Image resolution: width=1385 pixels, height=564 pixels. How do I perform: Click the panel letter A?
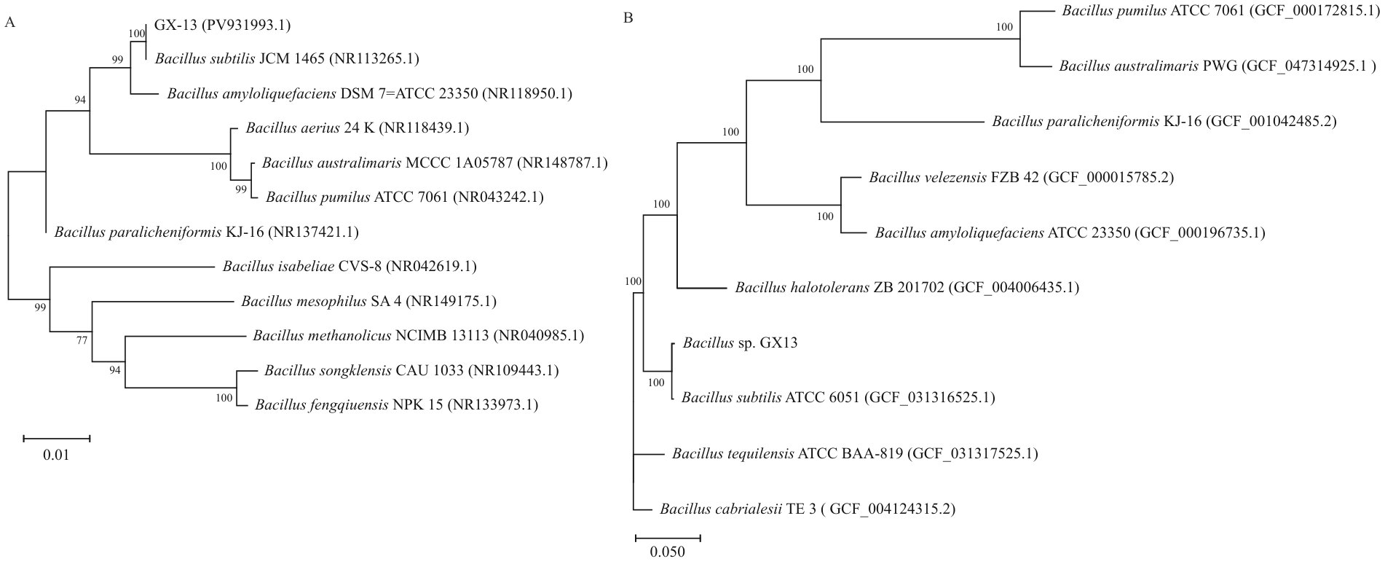[x=10, y=23]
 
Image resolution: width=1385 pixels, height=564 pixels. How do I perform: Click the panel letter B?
[x=628, y=17]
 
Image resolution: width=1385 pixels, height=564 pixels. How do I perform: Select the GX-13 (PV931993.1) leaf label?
[x=223, y=26]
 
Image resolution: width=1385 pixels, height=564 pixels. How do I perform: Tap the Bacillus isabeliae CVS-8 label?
[x=350, y=267]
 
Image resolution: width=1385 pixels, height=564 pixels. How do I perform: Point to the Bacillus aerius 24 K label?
[x=357, y=129]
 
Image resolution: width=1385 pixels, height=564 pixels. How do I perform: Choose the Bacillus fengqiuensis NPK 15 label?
[x=396, y=405]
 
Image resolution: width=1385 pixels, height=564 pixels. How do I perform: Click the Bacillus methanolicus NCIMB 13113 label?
[x=418, y=336]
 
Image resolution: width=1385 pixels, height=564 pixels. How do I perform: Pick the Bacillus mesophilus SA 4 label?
[x=368, y=301]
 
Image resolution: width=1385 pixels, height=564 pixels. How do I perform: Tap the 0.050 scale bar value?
[x=667, y=552]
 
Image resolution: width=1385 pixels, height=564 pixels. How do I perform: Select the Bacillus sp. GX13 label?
[x=740, y=342]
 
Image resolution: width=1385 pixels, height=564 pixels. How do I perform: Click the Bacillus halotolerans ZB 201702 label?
[x=907, y=288]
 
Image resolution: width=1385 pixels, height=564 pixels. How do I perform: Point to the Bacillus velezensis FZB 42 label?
[x=1021, y=178]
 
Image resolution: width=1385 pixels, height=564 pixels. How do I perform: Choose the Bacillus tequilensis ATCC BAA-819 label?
[x=855, y=454]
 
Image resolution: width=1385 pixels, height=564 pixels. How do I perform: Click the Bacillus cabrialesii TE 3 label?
[x=808, y=509]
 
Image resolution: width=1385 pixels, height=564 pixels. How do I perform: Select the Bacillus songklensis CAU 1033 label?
[x=411, y=371]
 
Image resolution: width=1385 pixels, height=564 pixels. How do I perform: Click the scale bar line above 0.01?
[x=56, y=439]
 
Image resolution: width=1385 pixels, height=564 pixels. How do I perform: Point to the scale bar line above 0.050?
[x=668, y=538]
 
